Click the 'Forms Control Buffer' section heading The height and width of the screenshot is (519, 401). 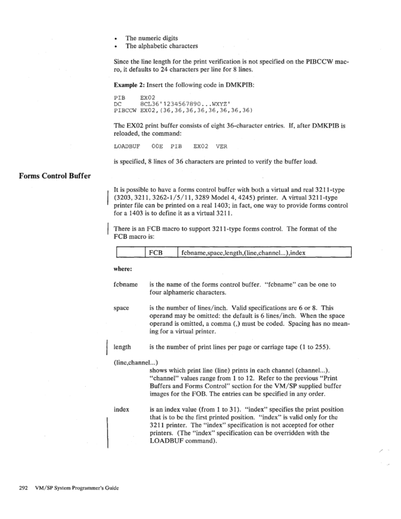tap(55, 176)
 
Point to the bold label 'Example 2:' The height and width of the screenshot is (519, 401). tap(129, 84)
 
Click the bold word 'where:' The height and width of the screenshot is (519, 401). tap(122, 270)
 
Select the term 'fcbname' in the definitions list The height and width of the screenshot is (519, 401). tap(126, 285)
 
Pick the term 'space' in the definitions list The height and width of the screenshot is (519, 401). tap(121, 308)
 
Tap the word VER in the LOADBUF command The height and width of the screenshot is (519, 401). tap(221, 146)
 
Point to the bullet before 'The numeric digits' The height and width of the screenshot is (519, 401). tap(116, 38)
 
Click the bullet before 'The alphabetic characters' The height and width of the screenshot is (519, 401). tap(116, 46)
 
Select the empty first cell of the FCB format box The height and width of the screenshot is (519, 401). tap(129, 252)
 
